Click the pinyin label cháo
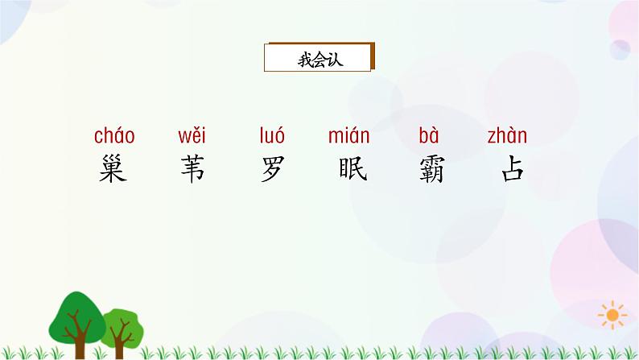(113, 136)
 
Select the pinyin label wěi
(191, 136)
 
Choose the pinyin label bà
(429, 136)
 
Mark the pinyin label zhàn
(508, 136)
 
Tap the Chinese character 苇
(192, 170)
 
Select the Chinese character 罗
(272, 170)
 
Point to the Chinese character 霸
(431, 170)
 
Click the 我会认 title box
(319, 58)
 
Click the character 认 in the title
(335, 59)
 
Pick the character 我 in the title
(303, 59)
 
